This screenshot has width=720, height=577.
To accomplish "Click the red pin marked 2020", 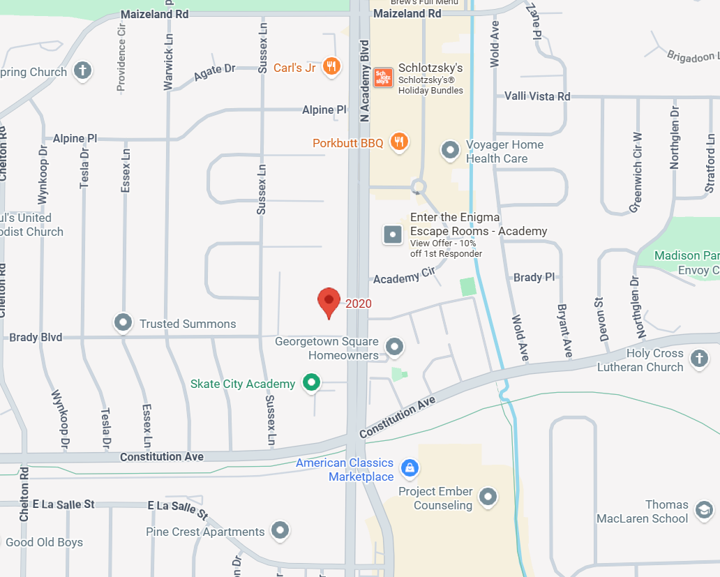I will (329, 302).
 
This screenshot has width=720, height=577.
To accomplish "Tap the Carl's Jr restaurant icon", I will (332, 67).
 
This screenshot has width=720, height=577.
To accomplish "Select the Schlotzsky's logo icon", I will (382, 77).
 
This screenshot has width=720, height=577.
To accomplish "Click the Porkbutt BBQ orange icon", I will (399, 142).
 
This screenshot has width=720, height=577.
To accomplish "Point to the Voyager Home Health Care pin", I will (450, 149).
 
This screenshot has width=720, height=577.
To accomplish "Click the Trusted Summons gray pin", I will (123, 322).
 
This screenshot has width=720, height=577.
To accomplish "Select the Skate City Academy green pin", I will (311, 382).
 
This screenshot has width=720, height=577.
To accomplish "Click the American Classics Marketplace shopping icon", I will (410, 467).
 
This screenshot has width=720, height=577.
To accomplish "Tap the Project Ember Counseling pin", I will (488, 497).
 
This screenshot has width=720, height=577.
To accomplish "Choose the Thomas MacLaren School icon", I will (703, 509).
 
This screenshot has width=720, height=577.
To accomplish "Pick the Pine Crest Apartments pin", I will (280, 530).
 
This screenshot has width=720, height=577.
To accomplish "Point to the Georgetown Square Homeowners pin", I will (395, 346).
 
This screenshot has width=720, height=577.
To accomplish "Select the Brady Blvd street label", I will (36, 338).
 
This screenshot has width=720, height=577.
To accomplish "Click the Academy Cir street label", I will (404, 277).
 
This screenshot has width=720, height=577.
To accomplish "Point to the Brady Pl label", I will (534, 277).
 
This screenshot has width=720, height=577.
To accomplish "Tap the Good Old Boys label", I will (44, 542).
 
